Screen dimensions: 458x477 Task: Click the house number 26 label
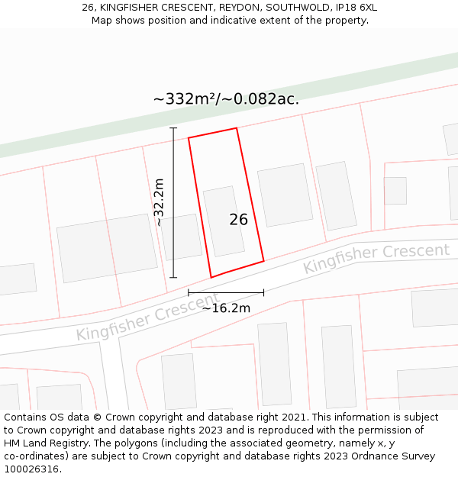(238, 220)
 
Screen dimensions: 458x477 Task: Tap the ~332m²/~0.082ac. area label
(226, 98)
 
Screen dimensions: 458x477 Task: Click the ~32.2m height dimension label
(159, 202)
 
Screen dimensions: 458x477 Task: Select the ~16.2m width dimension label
(226, 308)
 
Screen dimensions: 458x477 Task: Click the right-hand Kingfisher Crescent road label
(376, 259)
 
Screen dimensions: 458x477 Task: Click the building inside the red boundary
(224, 221)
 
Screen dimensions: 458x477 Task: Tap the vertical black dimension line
(173, 229)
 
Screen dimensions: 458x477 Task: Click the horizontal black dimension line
(226, 292)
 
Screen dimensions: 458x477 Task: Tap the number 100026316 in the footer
(31, 469)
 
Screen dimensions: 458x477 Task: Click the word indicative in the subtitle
(220, 21)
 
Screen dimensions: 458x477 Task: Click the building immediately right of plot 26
(285, 195)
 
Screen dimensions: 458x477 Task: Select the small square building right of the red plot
(395, 191)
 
